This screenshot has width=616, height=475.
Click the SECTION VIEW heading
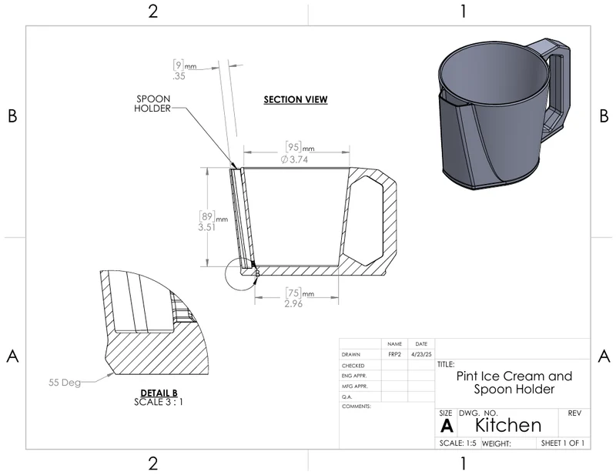pyautogui.click(x=296, y=100)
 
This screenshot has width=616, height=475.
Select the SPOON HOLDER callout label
pyautogui.click(x=152, y=104)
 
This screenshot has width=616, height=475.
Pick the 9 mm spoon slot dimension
pyautogui.click(x=184, y=70)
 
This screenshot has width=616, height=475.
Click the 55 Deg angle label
pyautogui.click(x=65, y=383)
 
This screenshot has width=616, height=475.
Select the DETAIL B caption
pyautogui.click(x=159, y=393)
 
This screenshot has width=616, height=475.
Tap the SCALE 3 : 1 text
pyautogui.click(x=159, y=402)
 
